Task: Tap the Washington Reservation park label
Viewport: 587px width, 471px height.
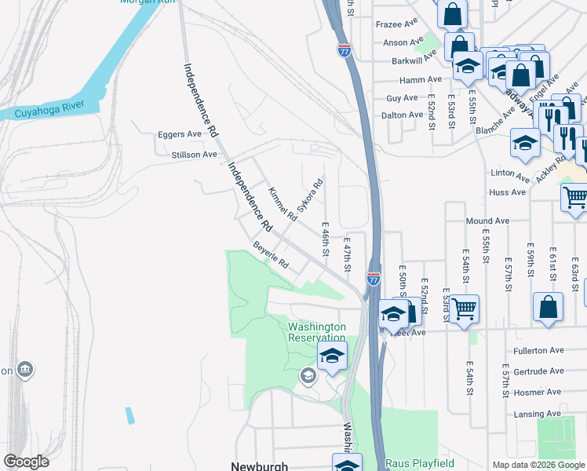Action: [x=317, y=332]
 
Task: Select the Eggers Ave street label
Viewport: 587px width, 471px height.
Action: [x=179, y=134]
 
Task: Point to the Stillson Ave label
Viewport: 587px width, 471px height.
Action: [x=194, y=155]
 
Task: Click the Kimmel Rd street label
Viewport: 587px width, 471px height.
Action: [x=282, y=203]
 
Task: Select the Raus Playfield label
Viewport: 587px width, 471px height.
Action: [x=410, y=463]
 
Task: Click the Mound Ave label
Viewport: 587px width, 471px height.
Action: [x=487, y=221]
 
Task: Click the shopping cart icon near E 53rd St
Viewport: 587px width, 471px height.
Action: [x=465, y=309]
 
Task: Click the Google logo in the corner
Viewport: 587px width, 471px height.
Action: [x=26, y=462]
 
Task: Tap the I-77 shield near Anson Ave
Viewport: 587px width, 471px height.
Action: [x=345, y=51]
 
